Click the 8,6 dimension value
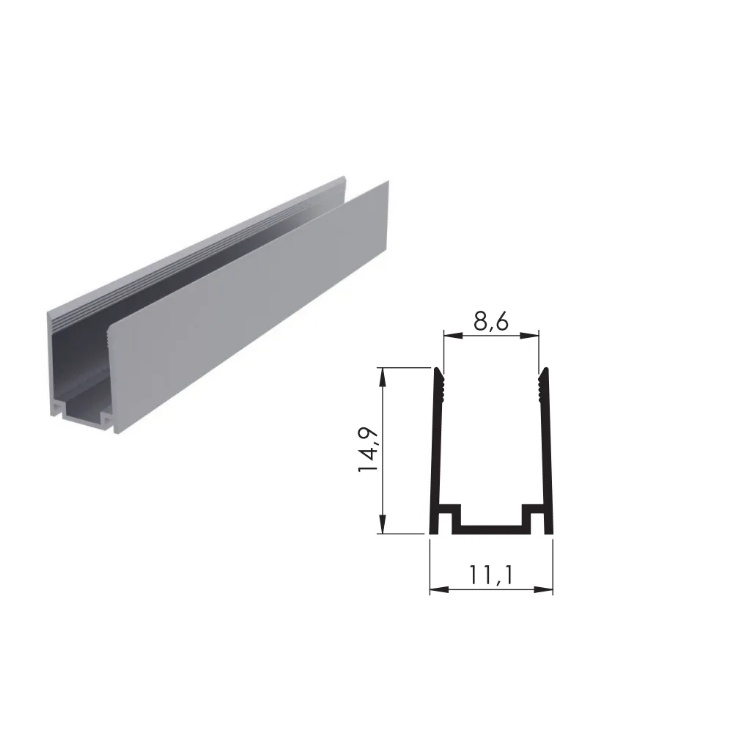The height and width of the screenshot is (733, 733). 491,321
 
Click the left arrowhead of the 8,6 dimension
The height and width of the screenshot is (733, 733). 452,335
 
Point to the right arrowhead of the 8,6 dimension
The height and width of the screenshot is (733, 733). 530,335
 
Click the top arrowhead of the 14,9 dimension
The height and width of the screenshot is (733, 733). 383,377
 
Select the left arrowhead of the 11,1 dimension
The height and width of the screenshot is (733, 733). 439,589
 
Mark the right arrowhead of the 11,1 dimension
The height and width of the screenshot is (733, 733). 544,589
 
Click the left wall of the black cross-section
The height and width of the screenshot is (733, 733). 435,449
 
